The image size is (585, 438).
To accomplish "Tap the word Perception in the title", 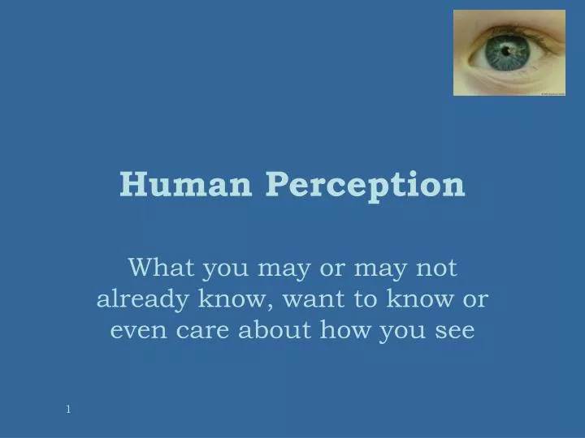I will click(365, 186).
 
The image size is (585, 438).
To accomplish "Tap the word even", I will click(136, 330).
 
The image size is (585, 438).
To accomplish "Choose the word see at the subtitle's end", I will click(453, 330).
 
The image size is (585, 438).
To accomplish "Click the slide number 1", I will click(68, 410).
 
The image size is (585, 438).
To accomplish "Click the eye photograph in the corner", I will click(509, 53).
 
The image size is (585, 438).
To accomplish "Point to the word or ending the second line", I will click(476, 299).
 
